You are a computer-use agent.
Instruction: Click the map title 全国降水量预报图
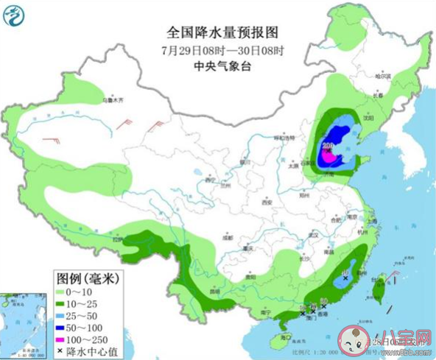224,33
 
